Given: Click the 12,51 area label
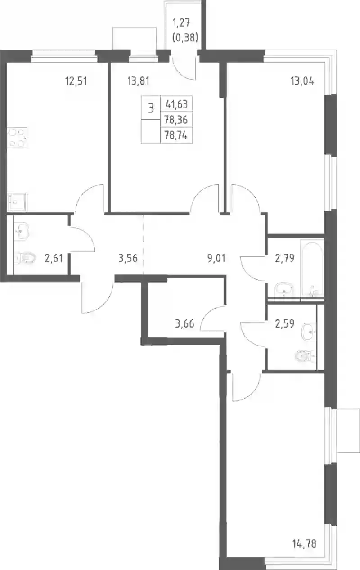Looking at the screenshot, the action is pyautogui.click(x=76, y=81).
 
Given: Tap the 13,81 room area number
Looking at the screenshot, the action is pyautogui.click(x=138, y=81).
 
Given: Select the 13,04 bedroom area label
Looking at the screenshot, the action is pyautogui.click(x=302, y=81).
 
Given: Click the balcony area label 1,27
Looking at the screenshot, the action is pyautogui.click(x=181, y=23).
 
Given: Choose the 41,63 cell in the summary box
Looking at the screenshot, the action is pyautogui.click(x=176, y=104).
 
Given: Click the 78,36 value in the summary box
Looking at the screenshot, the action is pyautogui.click(x=176, y=119).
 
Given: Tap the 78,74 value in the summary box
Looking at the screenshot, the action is pyautogui.click(x=176, y=135).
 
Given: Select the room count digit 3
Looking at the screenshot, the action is pyautogui.click(x=151, y=108).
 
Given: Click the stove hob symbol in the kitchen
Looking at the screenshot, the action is pyautogui.click(x=17, y=138).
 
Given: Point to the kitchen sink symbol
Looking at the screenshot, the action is pyautogui.click(x=17, y=202).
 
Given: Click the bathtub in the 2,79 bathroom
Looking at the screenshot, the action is pyautogui.click(x=312, y=268).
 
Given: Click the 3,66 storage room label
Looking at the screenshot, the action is pyautogui.click(x=184, y=324).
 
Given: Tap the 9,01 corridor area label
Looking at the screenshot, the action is pyautogui.click(x=216, y=258).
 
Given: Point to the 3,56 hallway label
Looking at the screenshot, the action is pyautogui.click(x=128, y=258).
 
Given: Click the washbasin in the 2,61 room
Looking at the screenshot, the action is pyautogui.click(x=22, y=231).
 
